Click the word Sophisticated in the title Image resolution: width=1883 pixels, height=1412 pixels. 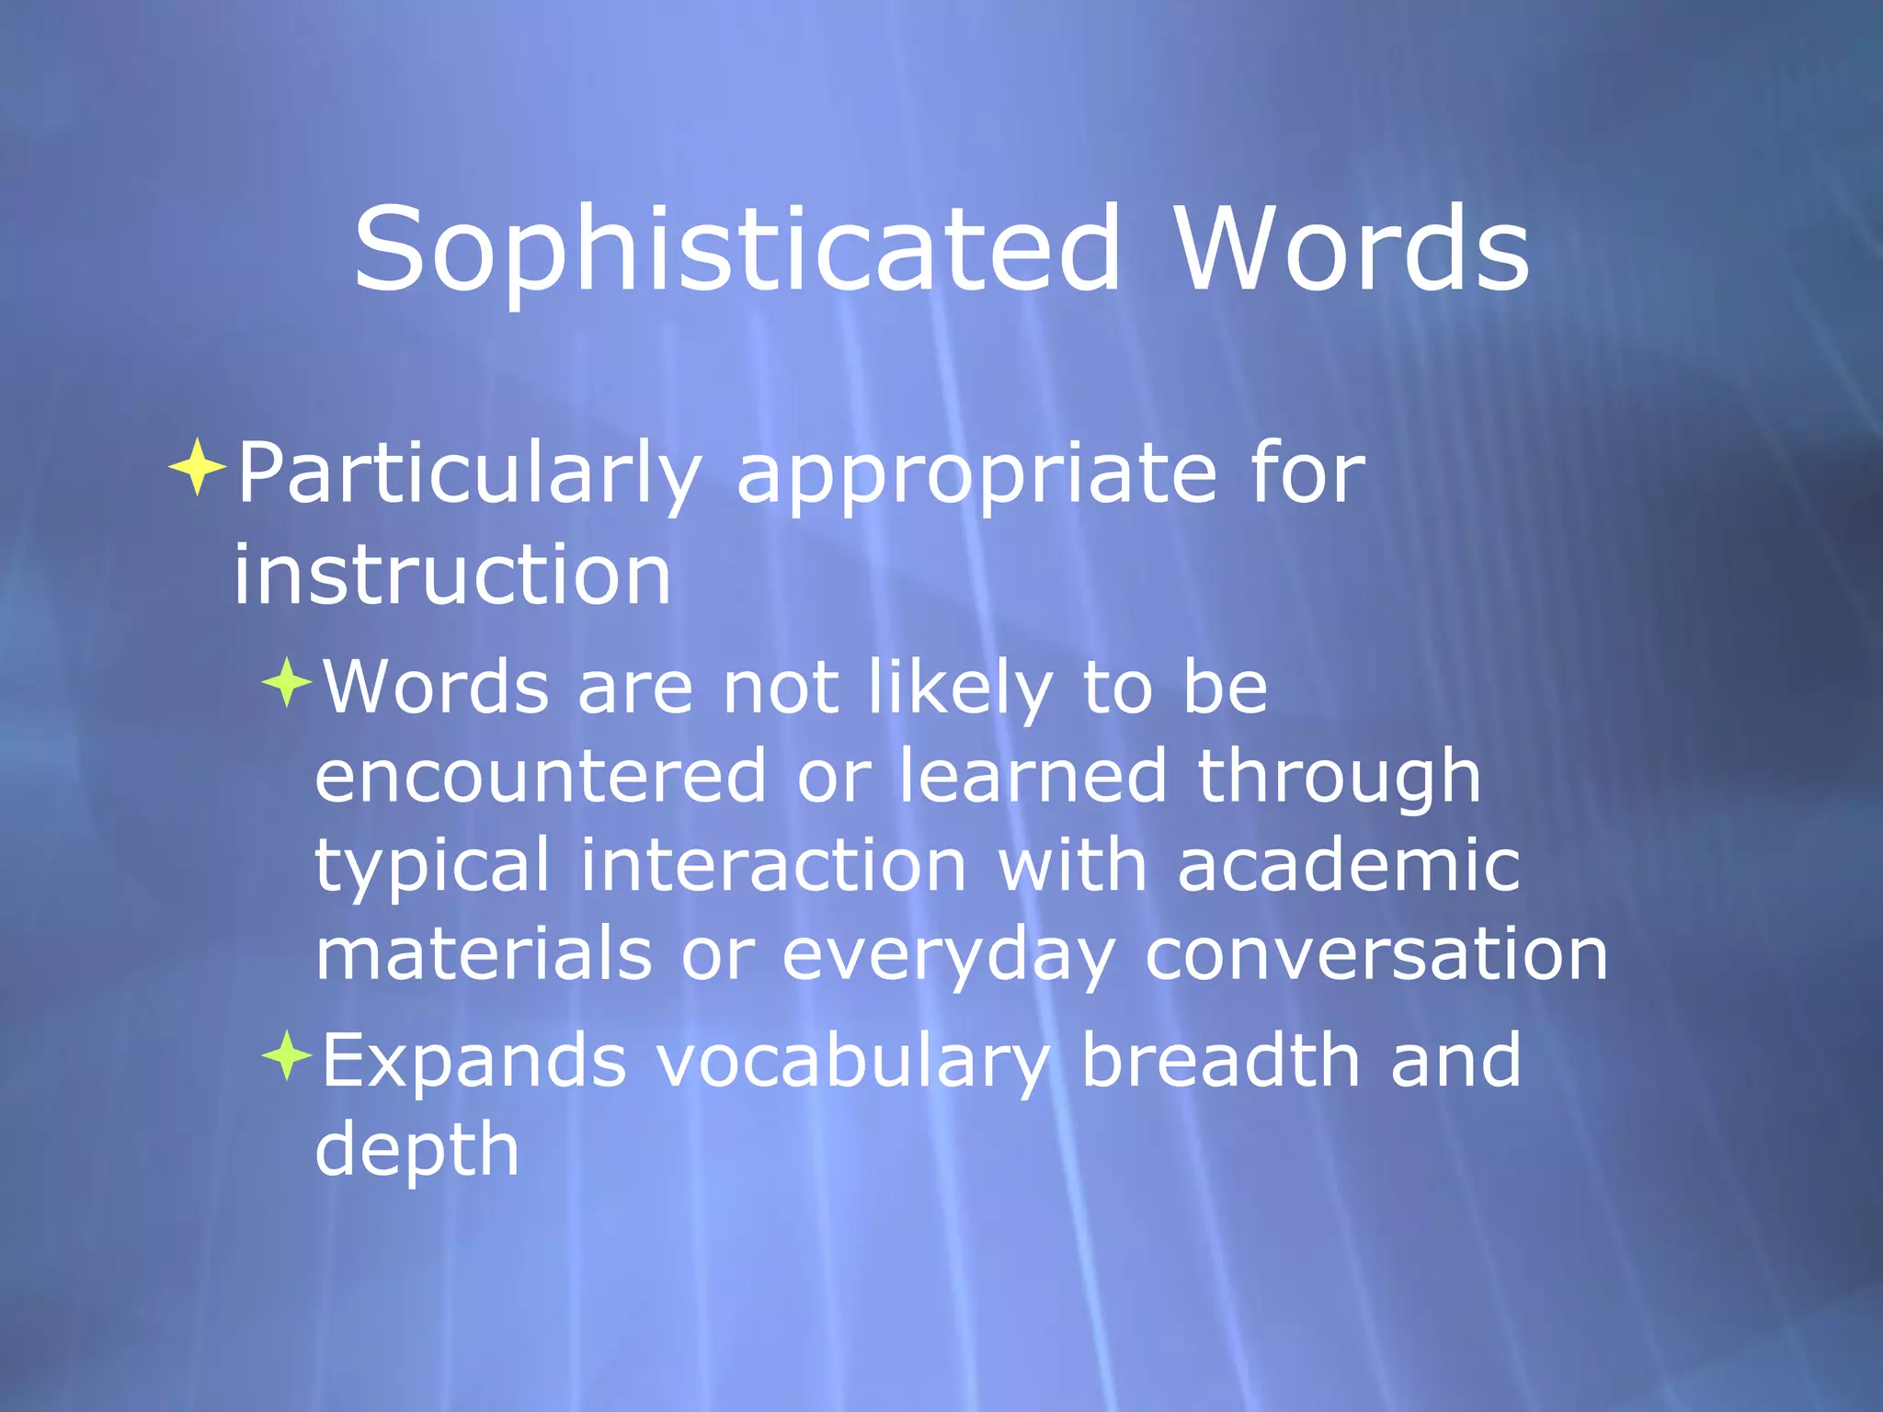pyautogui.click(x=736, y=250)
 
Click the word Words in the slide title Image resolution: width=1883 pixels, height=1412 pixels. pyautogui.click(x=1352, y=250)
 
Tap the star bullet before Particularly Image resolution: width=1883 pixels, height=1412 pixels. pyautogui.click(x=197, y=467)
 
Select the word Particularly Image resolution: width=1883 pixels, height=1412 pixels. pyautogui.click(x=469, y=474)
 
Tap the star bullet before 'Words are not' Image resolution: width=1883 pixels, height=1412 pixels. pyautogui.click(x=287, y=682)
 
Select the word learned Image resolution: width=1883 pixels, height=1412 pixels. pyautogui.click(x=1032, y=775)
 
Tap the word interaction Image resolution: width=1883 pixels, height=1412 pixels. pyautogui.click(x=772, y=864)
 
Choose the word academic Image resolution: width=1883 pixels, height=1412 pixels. pyautogui.click(x=1348, y=864)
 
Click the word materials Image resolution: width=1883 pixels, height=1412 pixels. pyautogui.click(x=484, y=954)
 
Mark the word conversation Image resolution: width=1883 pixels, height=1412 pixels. pyautogui.click(x=1375, y=954)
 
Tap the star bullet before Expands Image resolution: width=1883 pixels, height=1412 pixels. pyautogui.click(x=287, y=1055)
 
